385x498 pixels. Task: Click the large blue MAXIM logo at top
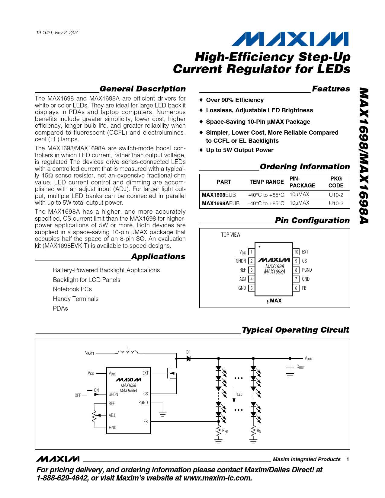[x=290, y=39]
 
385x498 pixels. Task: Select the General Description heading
[x=143, y=89]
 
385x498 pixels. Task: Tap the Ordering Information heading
[x=305, y=167]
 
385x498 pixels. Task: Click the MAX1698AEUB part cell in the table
[x=221, y=203]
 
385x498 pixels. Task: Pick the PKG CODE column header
[x=336, y=182]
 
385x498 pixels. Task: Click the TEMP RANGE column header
[x=266, y=182]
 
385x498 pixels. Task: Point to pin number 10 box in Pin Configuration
[x=296, y=252]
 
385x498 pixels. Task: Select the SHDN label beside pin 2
[x=241, y=261]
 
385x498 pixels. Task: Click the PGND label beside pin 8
[x=307, y=270]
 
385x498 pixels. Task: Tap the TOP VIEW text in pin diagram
[x=231, y=235]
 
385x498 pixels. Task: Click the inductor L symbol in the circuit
[x=127, y=352]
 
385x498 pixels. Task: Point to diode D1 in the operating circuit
[x=189, y=358]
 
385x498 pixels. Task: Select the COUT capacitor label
[x=300, y=367]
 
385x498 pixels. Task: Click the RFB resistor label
[x=225, y=431]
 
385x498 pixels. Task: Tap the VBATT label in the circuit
[x=90, y=353]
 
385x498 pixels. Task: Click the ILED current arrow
[x=234, y=396]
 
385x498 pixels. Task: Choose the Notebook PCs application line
[x=72, y=289]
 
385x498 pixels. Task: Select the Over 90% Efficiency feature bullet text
[x=235, y=100]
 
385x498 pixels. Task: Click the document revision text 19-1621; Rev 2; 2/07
[x=57, y=33]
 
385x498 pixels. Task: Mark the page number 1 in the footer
[x=348, y=459]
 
